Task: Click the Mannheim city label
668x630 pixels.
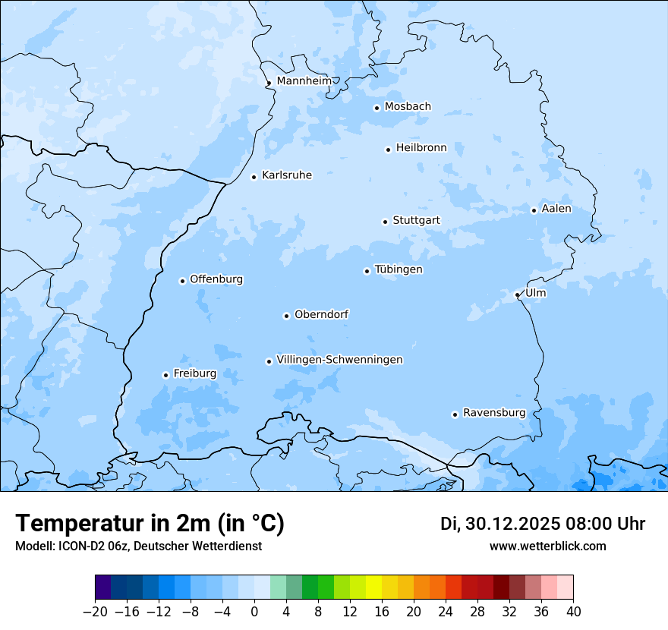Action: [x=304, y=80]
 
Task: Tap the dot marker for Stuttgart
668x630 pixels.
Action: [x=385, y=222]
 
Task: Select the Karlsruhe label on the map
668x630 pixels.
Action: [x=287, y=175]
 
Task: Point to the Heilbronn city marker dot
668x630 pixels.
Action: [x=388, y=150]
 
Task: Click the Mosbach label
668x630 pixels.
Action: [x=408, y=106]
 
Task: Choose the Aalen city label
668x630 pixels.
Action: [x=556, y=209]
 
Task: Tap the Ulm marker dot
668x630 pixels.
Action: [x=517, y=295]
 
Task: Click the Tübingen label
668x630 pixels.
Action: [x=399, y=269]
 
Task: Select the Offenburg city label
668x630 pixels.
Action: [x=216, y=279]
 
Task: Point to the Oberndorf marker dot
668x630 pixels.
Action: [x=286, y=316]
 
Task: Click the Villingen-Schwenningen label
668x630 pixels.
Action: [x=339, y=360]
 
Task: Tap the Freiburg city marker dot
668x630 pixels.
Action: [x=165, y=375]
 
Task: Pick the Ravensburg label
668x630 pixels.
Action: [x=494, y=413]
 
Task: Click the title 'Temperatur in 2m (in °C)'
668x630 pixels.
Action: [x=150, y=523]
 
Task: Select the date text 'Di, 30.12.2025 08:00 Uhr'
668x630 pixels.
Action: [x=543, y=524]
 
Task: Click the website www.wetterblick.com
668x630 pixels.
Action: [x=547, y=546]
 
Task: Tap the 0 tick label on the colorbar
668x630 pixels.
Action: [x=254, y=612]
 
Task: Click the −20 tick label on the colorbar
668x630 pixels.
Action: [x=95, y=612]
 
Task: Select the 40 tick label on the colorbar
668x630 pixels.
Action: [x=573, y=612]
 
